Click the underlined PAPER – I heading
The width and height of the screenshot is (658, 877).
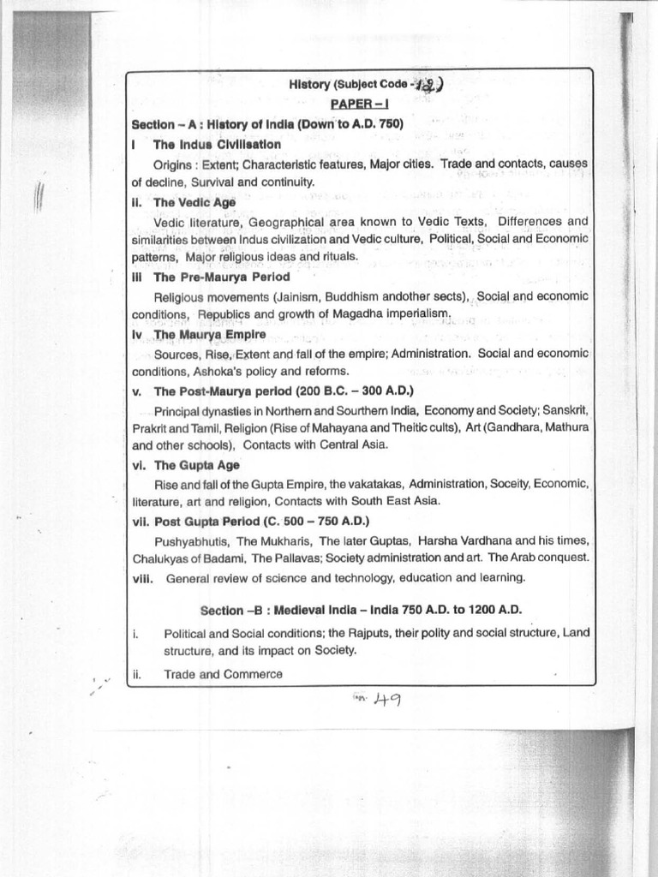360,104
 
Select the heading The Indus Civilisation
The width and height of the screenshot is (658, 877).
217,144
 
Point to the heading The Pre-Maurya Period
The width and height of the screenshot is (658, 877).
221,277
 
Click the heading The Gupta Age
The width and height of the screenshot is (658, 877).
196,465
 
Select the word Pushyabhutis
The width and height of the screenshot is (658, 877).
191,540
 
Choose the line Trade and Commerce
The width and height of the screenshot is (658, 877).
223,674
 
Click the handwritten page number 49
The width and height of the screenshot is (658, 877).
382,700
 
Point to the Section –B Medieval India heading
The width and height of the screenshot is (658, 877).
361,610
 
